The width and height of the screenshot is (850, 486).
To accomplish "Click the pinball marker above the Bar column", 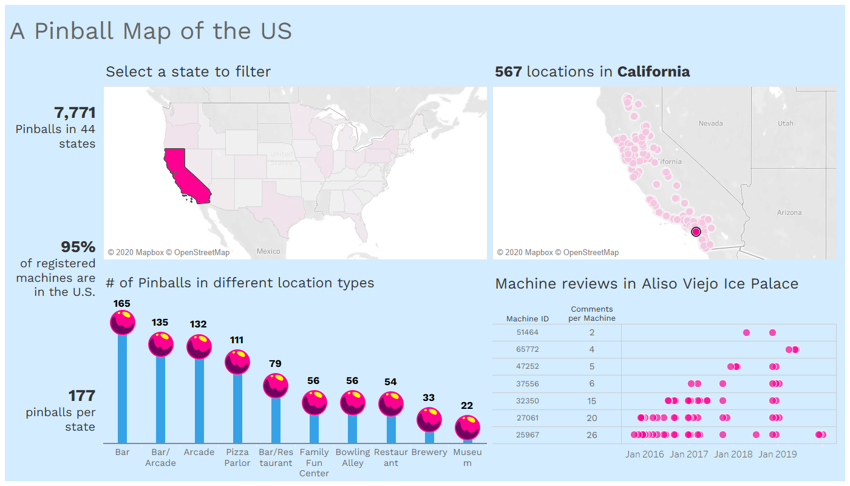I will (x=122, y=322).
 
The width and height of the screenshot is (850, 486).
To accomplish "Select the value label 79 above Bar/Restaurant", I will (x=275, y=364).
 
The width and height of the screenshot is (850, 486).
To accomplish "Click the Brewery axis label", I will (x=429, y=452).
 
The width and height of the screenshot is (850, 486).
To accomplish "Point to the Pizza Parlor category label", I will (x=237, y=457).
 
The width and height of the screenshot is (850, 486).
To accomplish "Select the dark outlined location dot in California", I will (x=696, y=231).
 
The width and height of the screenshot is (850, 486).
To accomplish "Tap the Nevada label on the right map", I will (x=710, y=123).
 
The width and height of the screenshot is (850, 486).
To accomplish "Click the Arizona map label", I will (x=789, y=213).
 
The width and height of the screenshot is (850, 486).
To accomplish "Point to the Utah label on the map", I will (x=785, y=123).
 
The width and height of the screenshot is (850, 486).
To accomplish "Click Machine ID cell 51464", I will (x=527, y=332).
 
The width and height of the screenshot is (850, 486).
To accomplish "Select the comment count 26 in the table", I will (x=591, y=435).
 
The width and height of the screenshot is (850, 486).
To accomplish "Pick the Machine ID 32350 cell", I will (x=527, y=401).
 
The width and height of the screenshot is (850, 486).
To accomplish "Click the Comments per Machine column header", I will (x=591, y=313).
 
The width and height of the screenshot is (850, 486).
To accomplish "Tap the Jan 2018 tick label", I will (x=733, y=454).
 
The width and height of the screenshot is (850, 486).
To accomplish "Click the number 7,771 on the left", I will (x=75, y=113).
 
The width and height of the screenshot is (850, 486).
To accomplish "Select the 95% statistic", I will (x=78, y=247).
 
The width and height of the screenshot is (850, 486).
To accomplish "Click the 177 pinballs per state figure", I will (x=81, y=396).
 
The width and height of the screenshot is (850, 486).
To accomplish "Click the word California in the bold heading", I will (x=653, y=72).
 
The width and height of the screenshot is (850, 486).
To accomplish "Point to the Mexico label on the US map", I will (x=268, y=252).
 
